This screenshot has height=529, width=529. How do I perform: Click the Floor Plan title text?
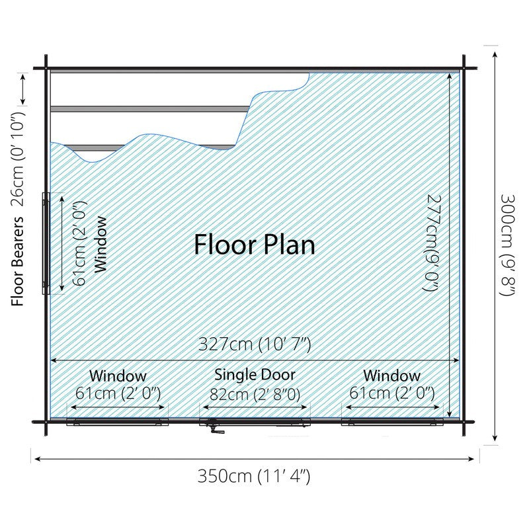(255, 245)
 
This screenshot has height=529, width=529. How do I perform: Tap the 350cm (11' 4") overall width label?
(254, 477)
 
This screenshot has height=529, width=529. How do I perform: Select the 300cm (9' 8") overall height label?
(507, 245)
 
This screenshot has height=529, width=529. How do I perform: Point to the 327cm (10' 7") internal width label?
(255, 345)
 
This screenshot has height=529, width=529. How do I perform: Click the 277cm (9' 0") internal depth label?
(432, 242)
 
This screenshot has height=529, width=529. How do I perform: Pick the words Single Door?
(255, 374)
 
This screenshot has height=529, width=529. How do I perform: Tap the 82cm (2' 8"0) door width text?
(255, 393)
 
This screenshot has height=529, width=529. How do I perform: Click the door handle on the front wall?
(216, 428)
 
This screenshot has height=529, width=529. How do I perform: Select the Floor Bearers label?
(18, 261)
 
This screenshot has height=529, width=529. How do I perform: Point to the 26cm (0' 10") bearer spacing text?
(18, 159)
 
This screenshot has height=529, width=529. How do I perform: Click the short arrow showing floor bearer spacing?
(23, 89)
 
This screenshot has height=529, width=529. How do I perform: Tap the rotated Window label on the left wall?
(101, 244)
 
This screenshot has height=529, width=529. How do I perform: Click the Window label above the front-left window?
(118, 376)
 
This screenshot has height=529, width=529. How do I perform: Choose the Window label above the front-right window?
(392, 376)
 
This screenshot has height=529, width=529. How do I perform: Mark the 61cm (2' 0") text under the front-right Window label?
(392, 393)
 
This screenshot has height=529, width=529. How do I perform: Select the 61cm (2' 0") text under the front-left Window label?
(118, 393)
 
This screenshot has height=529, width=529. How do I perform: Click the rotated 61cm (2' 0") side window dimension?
(80, 243)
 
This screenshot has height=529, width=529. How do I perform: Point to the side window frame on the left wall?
(46, 243)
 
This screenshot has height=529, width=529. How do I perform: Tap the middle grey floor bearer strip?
(151, 109)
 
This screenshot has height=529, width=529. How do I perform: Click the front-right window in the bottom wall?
(392, 422)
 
